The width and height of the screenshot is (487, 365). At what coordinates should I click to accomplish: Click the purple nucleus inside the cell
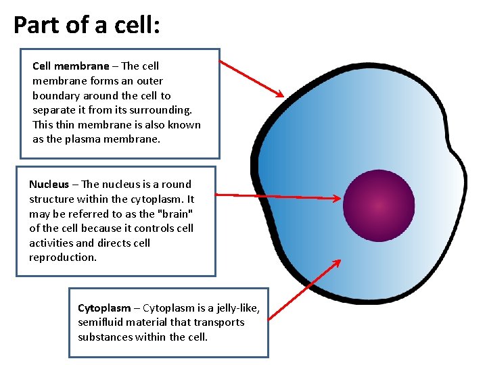379,205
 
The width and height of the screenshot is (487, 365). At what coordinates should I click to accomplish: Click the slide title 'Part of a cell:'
87,25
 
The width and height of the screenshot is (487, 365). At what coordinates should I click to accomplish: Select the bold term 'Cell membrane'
70,66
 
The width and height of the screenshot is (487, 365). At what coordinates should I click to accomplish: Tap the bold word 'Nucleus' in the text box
49,185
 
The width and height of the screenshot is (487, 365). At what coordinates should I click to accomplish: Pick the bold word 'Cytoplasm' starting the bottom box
104,308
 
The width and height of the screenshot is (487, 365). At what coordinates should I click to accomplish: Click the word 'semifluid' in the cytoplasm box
101,322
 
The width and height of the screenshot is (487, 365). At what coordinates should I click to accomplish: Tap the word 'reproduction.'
63,258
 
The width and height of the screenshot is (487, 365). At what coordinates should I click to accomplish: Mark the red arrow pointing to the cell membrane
252,78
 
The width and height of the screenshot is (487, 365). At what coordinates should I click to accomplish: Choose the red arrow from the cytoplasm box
305,287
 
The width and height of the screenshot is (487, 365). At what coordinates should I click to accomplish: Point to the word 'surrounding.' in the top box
162,109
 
